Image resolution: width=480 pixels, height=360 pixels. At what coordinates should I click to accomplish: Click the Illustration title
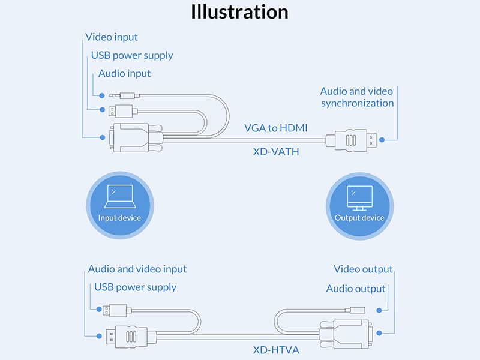pyautogui.click(x=239, y=12)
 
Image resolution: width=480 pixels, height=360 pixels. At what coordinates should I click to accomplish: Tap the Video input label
pyautogui.click(x=112, y=37)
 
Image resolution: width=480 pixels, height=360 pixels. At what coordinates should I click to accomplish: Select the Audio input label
pyautogui.click(x=125, y=74)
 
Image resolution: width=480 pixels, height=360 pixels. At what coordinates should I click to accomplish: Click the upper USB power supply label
pyautogui.click(x=132, y=56)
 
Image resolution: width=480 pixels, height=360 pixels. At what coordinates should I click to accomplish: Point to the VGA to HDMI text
pyautogui.click(x=276, y=128)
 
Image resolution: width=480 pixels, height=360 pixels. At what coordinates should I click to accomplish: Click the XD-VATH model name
pyautogui.click(x=275, y=152)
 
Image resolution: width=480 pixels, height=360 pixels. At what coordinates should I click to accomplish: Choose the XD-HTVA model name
pyautogui.click(x=275, y=349)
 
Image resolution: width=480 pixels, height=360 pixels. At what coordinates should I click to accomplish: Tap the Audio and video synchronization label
pyautogui.click(x=357, y=97)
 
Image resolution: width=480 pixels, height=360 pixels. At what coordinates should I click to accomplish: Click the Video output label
pyautogui.click(x=363, y=269)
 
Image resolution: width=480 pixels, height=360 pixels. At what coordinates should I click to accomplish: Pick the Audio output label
pyautogui.click(x=356, y=289)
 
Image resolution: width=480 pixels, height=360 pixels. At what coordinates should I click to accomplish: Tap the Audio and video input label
pyautogui.click(x=137, y=269)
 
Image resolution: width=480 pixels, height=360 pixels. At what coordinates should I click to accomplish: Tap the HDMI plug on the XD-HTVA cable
pyautogui.click(x=128, y=337)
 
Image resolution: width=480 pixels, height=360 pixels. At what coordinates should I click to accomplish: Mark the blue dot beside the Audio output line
pyautogui.click(x=379, y=310)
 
